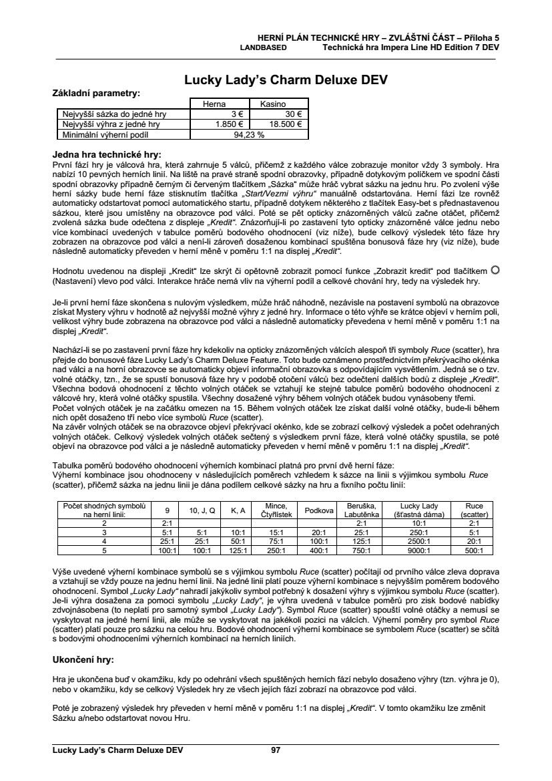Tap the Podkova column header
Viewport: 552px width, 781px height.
point(319,510)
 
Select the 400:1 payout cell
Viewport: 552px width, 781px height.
point(319,551)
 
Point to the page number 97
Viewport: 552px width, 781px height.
point(276,750)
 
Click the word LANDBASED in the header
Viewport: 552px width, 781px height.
point(264,48)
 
